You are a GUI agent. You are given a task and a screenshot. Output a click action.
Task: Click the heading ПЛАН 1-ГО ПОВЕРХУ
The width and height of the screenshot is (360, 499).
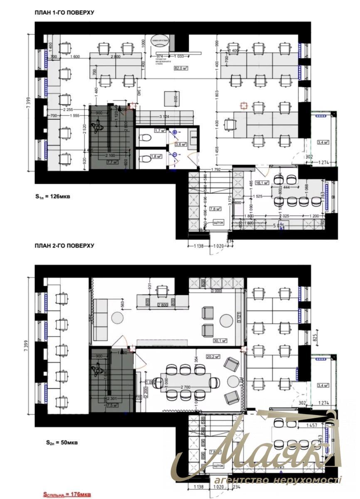click(64, 13)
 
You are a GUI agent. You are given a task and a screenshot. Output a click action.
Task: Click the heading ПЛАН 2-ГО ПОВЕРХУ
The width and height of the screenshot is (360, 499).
click(64, 246)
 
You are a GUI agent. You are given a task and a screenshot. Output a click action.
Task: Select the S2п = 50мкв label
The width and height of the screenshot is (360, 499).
click(52, 442)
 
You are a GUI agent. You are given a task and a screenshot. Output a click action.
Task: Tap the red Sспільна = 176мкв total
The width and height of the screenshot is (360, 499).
click(67, 494)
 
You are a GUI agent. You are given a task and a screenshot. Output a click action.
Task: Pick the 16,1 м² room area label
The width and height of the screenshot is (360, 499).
click(261, 183)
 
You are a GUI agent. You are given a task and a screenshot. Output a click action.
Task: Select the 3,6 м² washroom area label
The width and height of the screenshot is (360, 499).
click(181, 144)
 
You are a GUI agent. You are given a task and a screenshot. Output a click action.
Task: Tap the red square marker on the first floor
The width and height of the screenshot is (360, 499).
click(244, 106)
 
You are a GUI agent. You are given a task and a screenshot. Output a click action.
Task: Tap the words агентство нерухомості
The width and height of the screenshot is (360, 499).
click(278, 480)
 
